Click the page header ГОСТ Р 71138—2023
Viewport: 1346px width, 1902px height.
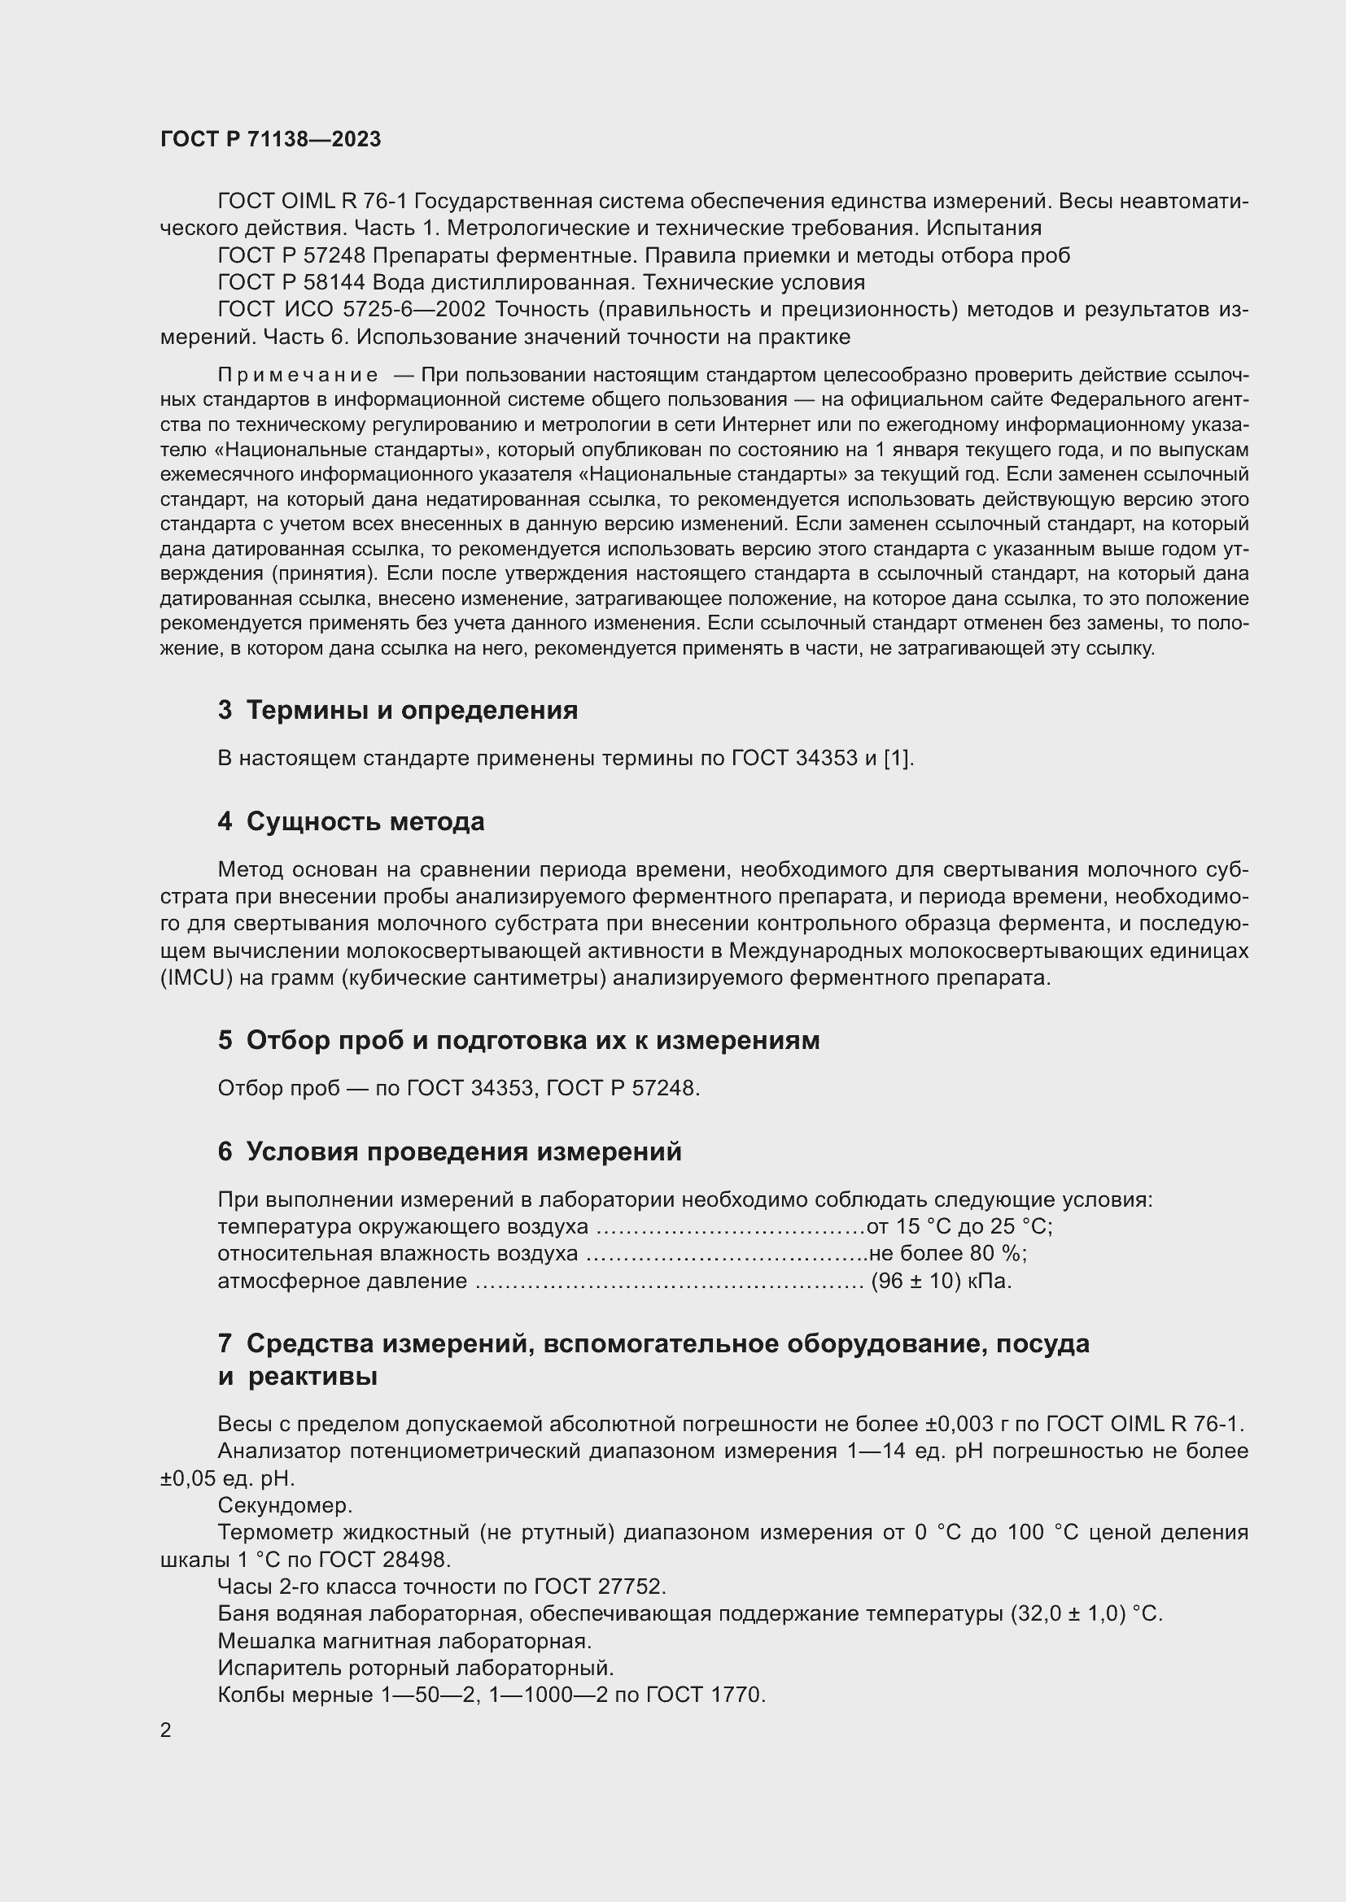tap(270, 139)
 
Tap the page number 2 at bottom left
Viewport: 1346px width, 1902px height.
tap(166, 1730)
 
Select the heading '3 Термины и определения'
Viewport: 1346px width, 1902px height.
tap(398, 710)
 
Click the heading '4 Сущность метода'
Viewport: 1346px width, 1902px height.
tap(352, 822)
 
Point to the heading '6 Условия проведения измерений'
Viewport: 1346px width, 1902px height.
tap(449, 1151)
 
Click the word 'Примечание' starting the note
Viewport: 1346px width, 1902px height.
tap(298, 375)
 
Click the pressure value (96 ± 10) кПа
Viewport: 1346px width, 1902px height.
tap(941, 1281)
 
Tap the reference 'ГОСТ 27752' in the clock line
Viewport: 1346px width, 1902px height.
tap(599, 1586)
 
